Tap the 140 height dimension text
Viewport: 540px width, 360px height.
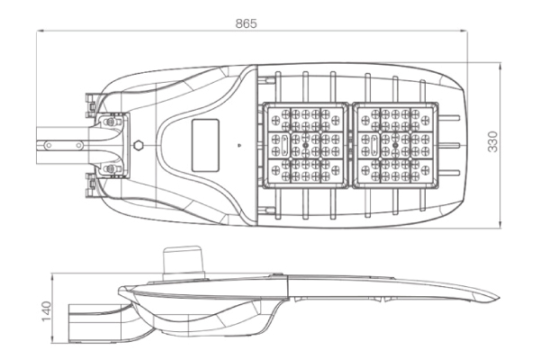[48, 310]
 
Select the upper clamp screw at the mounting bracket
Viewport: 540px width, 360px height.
[111, 120]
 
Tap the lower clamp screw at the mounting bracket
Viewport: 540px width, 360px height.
[111, 168]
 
